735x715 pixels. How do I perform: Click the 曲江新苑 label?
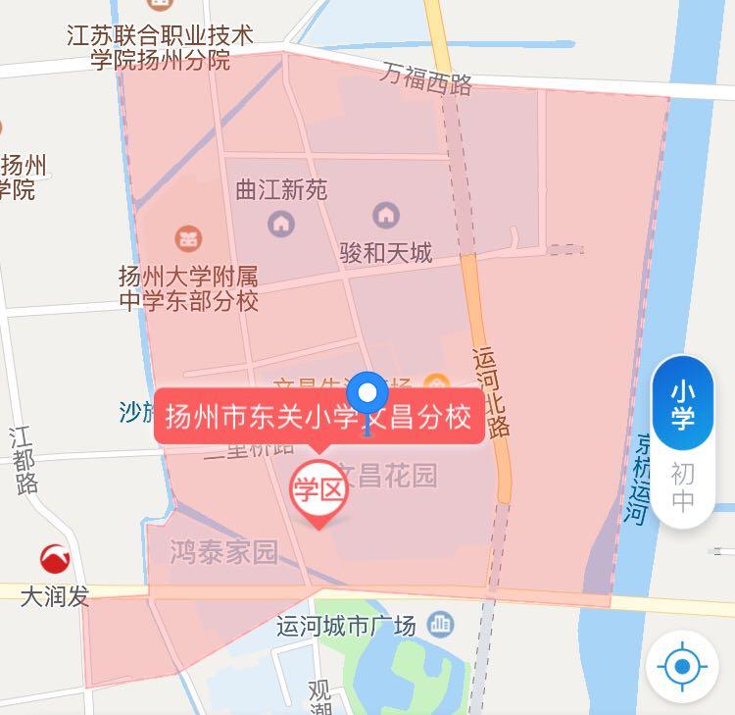pyautogui.click(x=281, y=190)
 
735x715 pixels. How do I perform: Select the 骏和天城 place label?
pyautogui.click(x=385, y=253)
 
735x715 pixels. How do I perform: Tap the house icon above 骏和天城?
pyautogui.click(x=386, y=214)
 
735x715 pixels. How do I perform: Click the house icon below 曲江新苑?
pyautogui.click(x=281, y=225)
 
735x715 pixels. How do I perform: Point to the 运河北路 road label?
pyautogui.click(x=491, y=392)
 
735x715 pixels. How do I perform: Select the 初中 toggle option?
pyautogui.click(x=682, y=487)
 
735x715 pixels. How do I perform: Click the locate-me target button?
pyautogui.click(x=682, y=668)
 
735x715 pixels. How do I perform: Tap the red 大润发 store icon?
pyautogui.click(x=55, y=559)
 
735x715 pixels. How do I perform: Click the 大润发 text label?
pyautogui.click(x=55, y=595)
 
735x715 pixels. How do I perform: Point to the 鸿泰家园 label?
pyautogui.click(x=223, y=551)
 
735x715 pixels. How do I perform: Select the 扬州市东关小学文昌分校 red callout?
pyautogui.click(x=318, y=418)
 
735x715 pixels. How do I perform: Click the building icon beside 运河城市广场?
pyautogui.click(x=441, y=623)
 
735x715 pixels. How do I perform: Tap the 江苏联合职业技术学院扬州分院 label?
pyautogui.click(x=160, y=48)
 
